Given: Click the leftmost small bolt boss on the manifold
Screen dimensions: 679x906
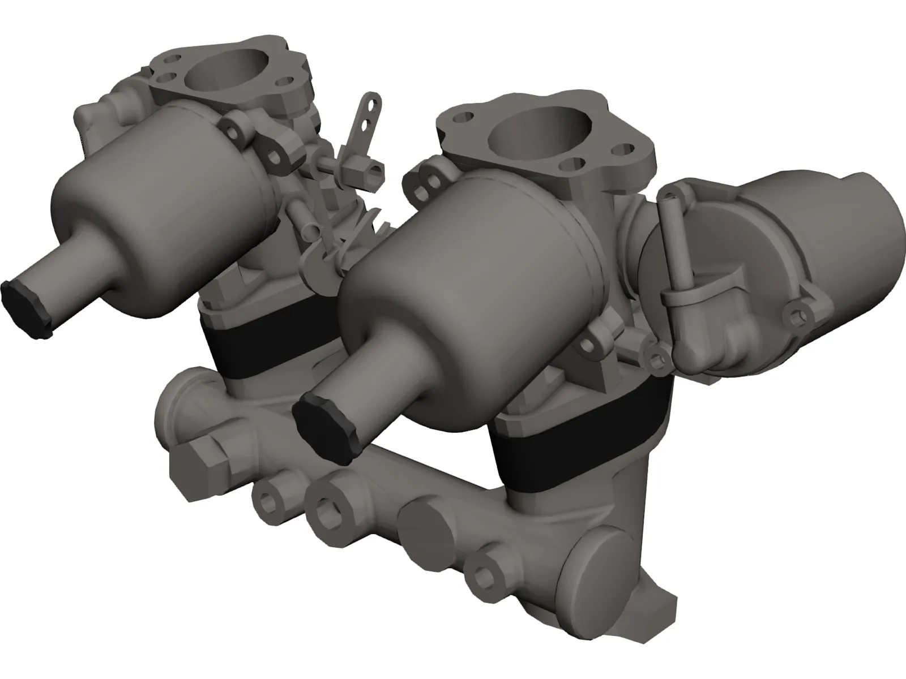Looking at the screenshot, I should pos(266,498).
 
